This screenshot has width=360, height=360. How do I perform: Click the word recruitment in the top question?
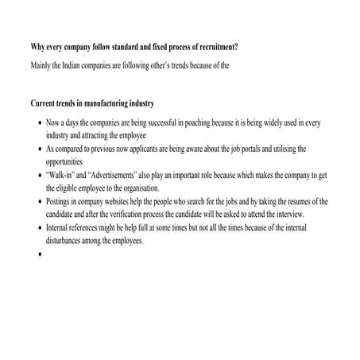point(209,48)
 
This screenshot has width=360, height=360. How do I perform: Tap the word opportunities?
point(71,161)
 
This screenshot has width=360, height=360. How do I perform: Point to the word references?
point(85,228)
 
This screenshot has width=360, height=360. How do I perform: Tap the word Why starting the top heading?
point(39,48)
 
